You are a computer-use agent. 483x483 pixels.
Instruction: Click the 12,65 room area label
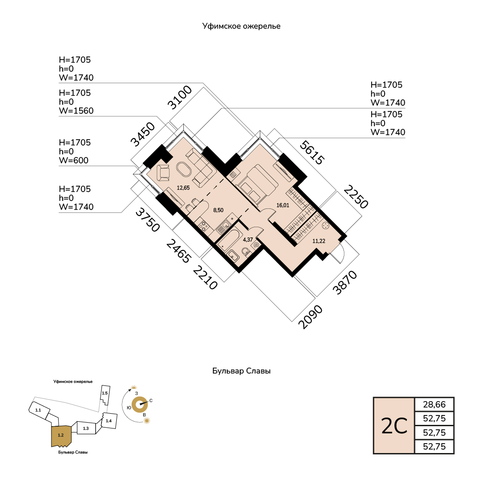click(x=183, y=187)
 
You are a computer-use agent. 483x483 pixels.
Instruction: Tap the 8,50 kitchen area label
click(x=218, y=210)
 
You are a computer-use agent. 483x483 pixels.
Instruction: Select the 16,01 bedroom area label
click(x=283, y=205)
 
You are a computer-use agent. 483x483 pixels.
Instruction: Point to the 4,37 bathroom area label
click(x=248, y=240)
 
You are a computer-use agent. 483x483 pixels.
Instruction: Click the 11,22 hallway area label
click(x=318, y=241)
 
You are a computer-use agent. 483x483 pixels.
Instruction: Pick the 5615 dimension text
click(x=312, y=152)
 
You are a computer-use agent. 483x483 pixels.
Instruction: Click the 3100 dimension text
click(x=180, y=97)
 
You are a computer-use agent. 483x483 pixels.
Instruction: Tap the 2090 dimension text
click(x=310, y=317)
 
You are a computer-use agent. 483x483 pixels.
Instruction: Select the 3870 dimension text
click(x=345, y=282)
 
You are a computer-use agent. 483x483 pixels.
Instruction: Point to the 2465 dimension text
click(x=178, y=251)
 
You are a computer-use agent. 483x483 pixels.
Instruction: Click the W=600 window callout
click(x=74, y=160)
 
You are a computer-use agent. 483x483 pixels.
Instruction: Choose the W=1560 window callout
click(x=76, y=110)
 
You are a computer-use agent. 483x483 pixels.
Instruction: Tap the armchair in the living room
click(x=163, y=173)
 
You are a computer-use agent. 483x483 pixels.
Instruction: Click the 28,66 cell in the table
click(x=434, y=404)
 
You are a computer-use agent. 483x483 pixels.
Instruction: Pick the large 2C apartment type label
click(x=394, y=426)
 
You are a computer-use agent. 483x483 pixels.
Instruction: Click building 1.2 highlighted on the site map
click(x=61, y=436)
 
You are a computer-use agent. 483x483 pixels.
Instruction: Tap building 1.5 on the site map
click(x=105, y=394)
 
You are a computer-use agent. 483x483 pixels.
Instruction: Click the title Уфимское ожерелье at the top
click(x=241, y=26)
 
